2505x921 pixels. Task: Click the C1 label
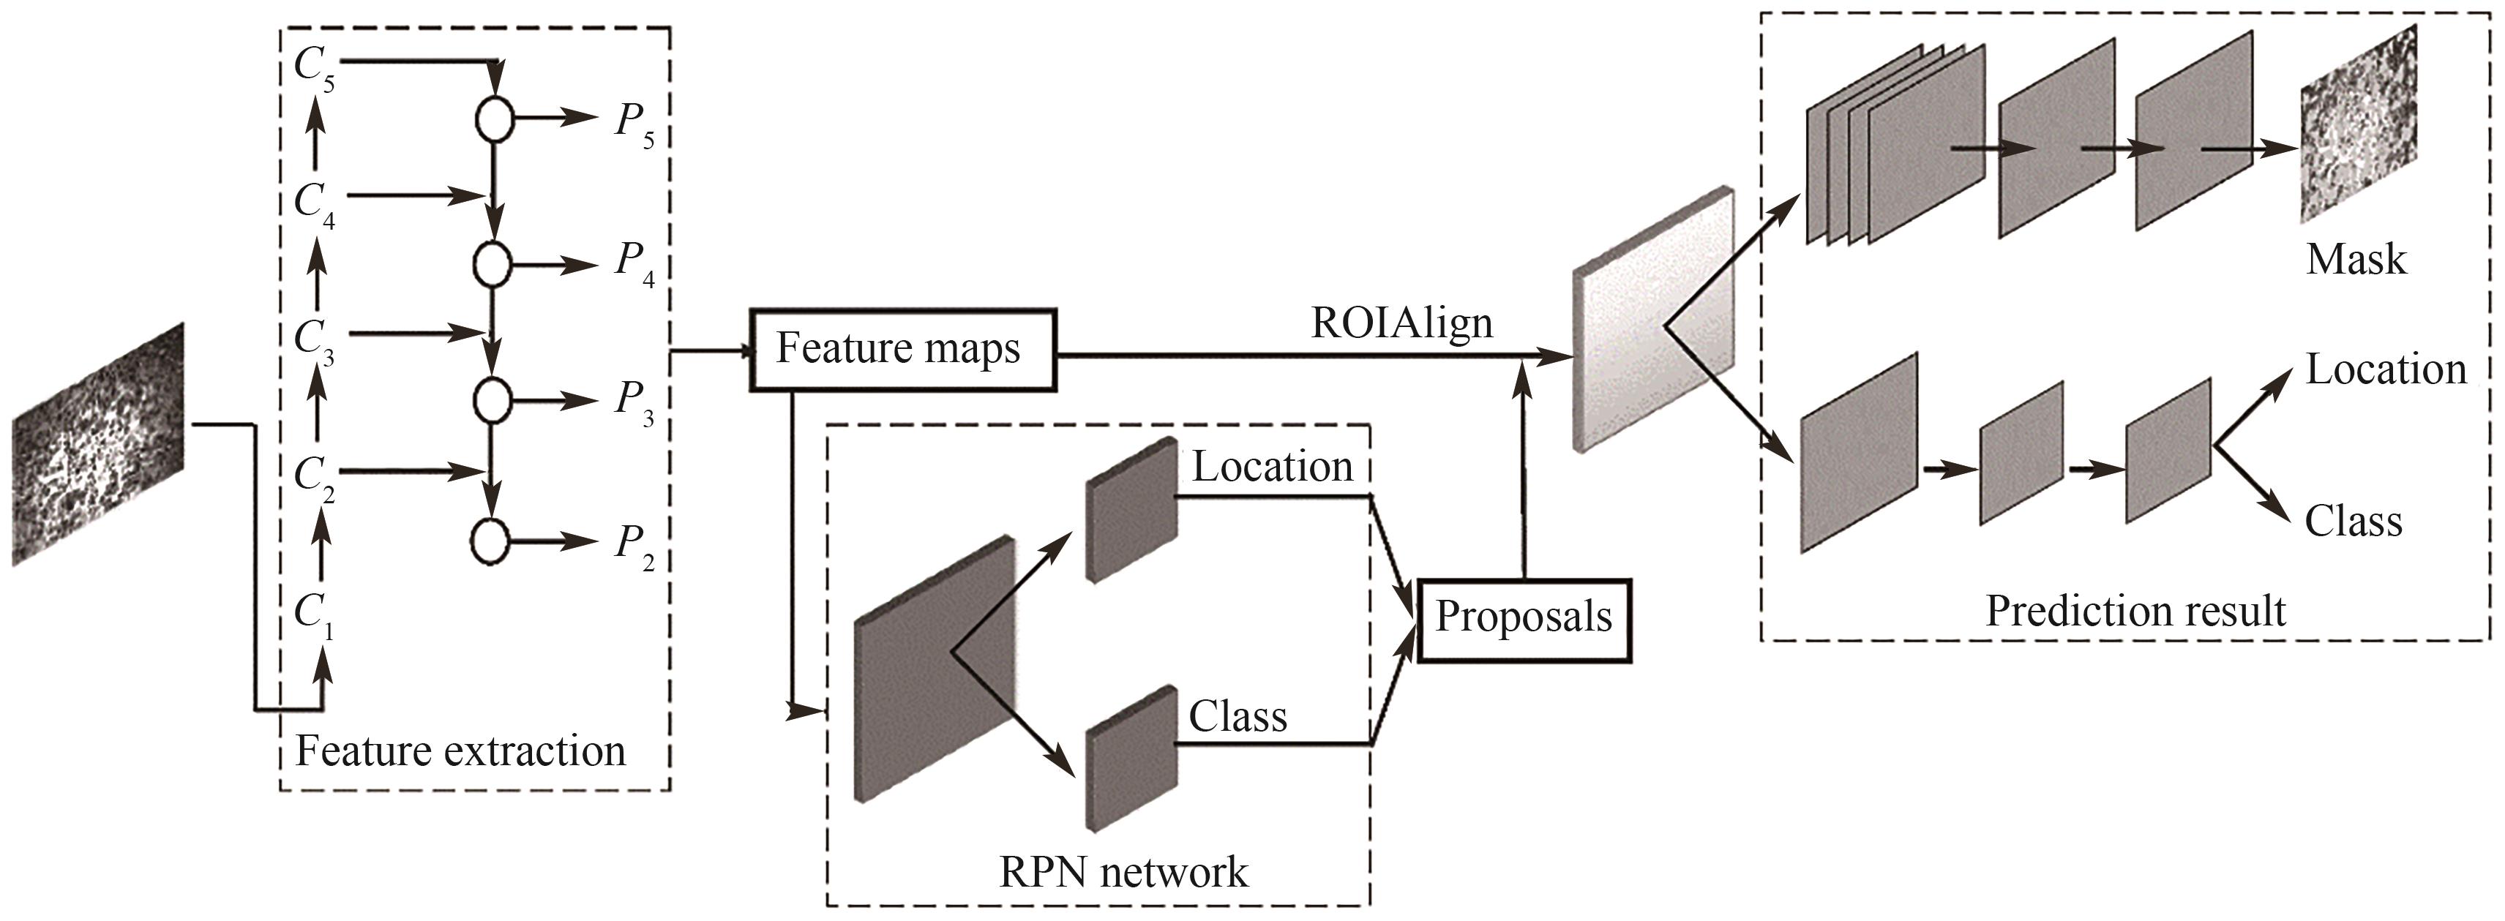click(314, 616)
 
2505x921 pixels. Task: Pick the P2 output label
click(634, 546)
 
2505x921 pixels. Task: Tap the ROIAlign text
click(1401, 323)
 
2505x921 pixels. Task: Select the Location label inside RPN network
click(1272, 467)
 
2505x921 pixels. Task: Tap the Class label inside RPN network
click(1237, 718)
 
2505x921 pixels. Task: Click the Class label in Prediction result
click(2354, 522)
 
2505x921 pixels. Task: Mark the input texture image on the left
click(97, 445)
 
